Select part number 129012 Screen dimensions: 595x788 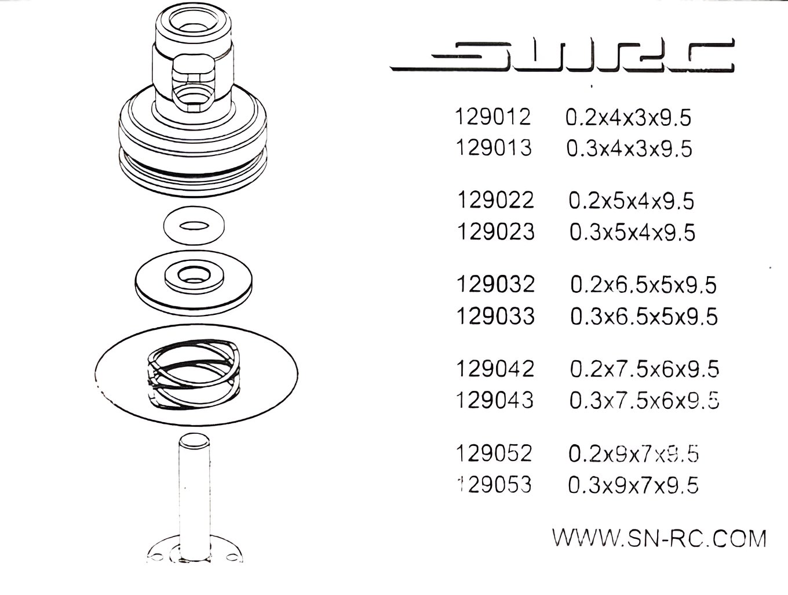tap(493, 117)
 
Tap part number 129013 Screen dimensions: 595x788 tap(493, 148)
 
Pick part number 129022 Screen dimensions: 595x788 tap(495, 201)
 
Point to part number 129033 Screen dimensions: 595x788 tap(495, 317)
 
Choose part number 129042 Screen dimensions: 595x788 tap(495, 369)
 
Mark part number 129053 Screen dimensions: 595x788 tap(494, 484)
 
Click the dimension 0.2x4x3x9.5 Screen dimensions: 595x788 tap(629, 118)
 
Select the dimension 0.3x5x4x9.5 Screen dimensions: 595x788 tap(632, 233)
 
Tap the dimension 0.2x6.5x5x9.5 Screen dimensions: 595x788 tap(644, 285)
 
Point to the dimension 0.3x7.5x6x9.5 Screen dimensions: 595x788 tap(644, 400)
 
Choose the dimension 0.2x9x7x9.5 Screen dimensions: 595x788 tap(633, 453)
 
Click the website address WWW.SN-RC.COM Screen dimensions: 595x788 tap(659, 538)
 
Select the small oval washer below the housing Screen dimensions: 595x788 tap(194, 226)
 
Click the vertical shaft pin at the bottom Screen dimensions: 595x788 tap(193, 493)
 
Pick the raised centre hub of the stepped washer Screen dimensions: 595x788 tap(194, 275)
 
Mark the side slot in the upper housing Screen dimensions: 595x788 tap(193, 81)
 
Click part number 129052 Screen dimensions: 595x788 tap(494, 453)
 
